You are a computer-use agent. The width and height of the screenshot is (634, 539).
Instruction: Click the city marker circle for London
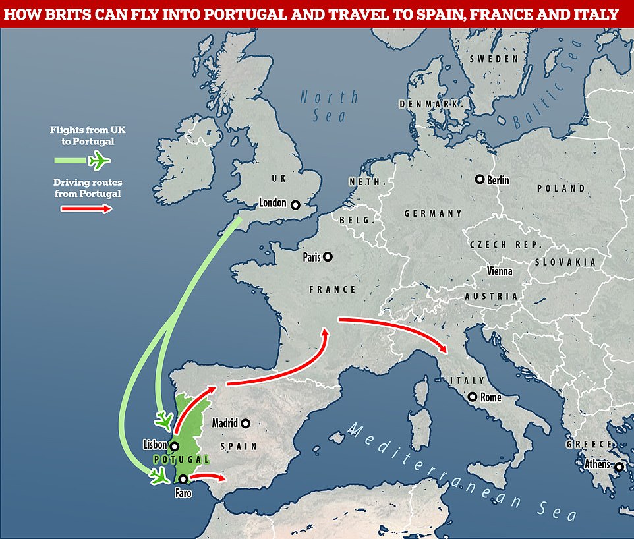295,204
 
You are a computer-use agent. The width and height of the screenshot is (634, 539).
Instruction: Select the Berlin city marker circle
480,179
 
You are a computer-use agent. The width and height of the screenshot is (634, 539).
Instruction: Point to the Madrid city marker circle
246,423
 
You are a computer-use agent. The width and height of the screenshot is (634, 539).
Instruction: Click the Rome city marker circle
472,397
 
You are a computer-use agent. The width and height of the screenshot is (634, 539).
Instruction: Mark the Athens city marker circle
619,467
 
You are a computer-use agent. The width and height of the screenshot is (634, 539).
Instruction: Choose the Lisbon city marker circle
175,446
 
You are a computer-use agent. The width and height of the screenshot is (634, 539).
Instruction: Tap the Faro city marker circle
183,479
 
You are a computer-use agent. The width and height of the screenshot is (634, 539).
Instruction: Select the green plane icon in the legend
100,159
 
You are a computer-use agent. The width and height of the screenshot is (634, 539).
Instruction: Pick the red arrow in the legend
85,209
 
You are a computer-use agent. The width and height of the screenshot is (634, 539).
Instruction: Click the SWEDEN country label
494,59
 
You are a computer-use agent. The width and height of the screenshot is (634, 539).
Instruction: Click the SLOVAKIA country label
565,262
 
